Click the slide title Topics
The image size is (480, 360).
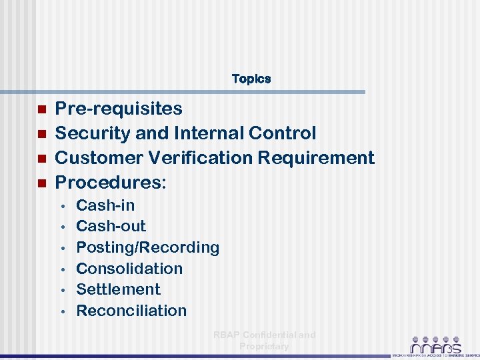point(251,79)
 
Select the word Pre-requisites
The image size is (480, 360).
point(118,109)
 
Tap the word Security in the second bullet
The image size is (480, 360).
point(93,133)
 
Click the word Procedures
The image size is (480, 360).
point(109,183)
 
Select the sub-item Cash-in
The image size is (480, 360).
point(105,205)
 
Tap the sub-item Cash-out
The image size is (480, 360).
point(111,226)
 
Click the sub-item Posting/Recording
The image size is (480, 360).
point(147,247)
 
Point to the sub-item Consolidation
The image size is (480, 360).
point(129,269)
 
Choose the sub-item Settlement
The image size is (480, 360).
point(118,289)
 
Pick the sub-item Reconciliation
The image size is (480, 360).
point(131,311)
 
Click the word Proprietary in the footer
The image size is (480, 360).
point(264,346)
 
